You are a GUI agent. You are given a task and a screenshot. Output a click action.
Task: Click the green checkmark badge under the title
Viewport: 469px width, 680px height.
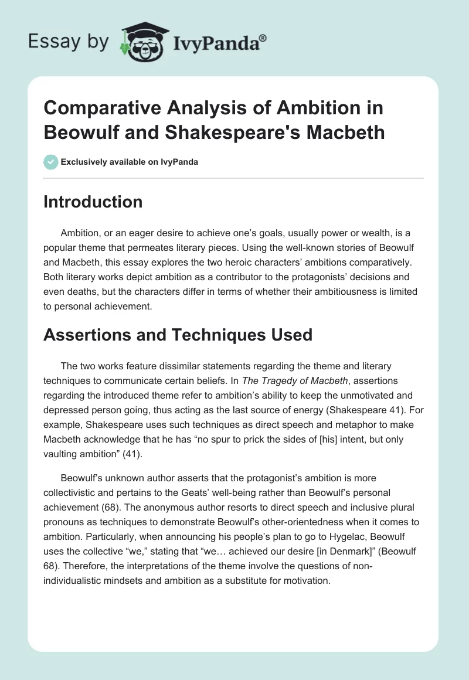[x=51, y=162]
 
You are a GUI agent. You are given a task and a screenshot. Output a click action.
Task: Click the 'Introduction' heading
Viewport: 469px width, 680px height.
[x=93, y=202]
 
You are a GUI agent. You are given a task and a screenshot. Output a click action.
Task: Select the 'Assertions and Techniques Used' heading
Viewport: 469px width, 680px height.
[x=178, y=335]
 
